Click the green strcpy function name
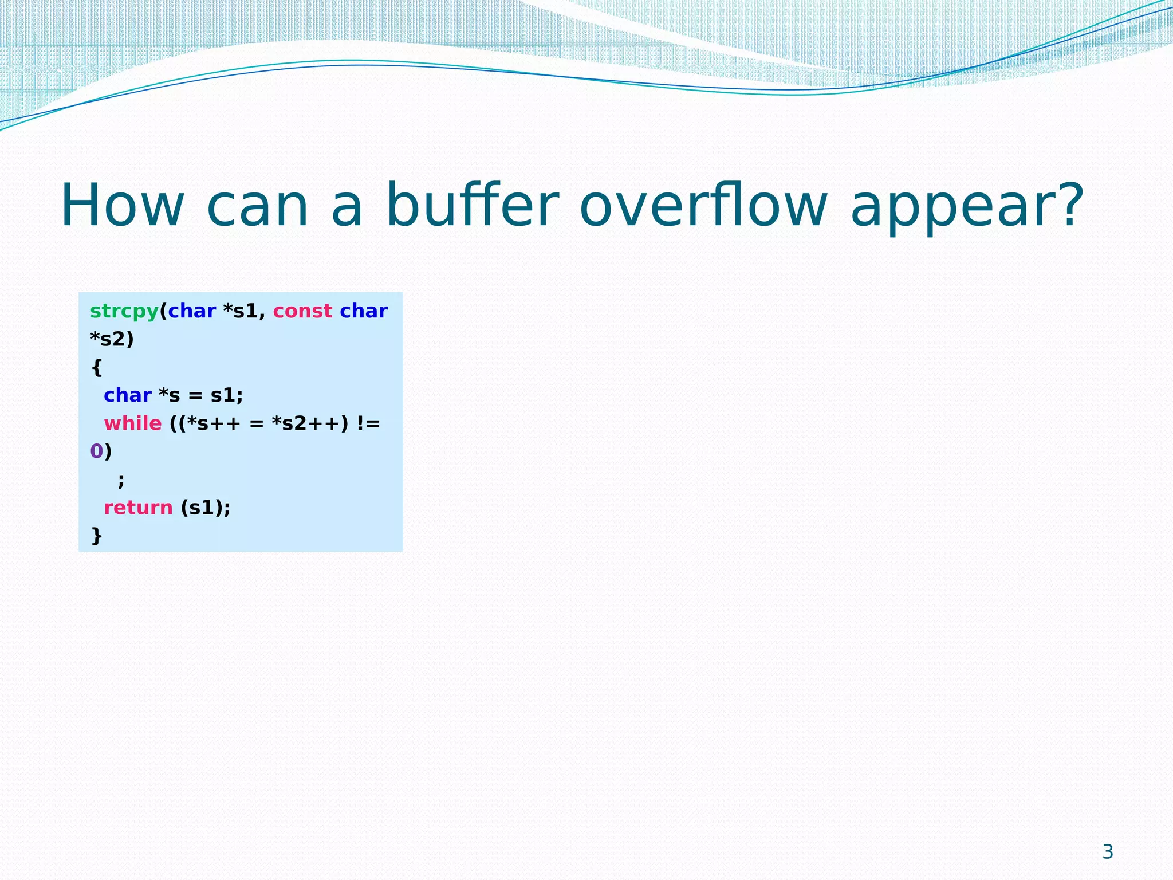pyautogui.click(x=124, y=311)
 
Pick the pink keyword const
pyautogui.click(x=302, y=311)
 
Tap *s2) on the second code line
pyautogui.click(x=112, y=339)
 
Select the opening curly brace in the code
pyautogui.click(x=96, y=367)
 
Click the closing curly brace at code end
pyautogui.click(x=96, y=536)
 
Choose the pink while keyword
pyautogui.click(x=133, y=423)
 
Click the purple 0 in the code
pyautogui.click(x=96, y=451)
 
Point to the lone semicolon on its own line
pyautogui.click(x=121, y=480)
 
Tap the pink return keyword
pyautogui.click(x=138, y=508)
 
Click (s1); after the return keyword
pyautogui.click(x=206, y=508)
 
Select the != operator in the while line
pyautogui.click(x=368, y=423)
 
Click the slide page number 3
pyautogui.click(x=1108, y=852)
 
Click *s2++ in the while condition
pyautogui.click(x=306, y=423)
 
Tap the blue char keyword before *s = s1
pyautogui.click(x=127, y=395)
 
